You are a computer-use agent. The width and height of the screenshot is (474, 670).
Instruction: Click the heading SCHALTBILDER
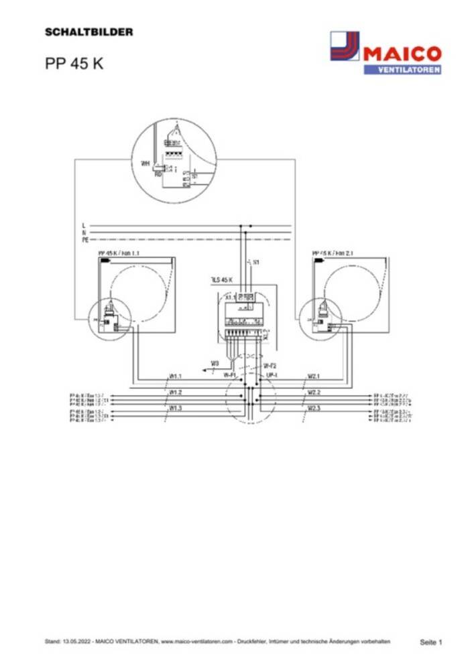88,31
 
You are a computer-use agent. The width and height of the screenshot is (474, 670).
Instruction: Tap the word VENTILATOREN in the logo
402,70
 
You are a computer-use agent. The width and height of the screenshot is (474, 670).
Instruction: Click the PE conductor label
85,239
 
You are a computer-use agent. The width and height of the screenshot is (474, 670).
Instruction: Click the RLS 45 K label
221,279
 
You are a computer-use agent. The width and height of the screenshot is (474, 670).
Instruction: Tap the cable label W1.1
176,376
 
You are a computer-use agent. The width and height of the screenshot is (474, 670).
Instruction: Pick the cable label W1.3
176,407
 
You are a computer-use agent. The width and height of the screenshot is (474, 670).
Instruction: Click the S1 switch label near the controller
256,261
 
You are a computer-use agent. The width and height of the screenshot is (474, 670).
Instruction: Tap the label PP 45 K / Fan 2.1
337,253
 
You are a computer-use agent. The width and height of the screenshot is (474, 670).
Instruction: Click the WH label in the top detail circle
145,163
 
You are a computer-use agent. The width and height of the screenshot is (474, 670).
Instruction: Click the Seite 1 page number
431,642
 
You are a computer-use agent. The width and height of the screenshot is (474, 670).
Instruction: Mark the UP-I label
272,376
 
